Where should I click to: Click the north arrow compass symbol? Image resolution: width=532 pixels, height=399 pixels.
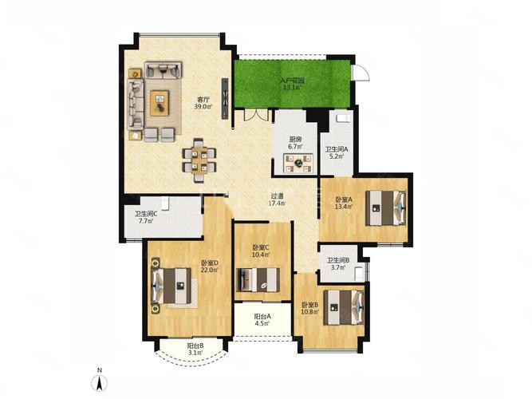coord(100,381)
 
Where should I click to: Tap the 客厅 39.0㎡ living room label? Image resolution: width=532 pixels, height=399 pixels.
coord(203,103)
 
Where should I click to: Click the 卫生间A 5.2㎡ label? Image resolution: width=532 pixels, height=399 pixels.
coord(337,152)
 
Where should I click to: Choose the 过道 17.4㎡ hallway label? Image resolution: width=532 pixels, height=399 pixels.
coord(278,199)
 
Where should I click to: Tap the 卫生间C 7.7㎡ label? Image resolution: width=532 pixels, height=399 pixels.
coord(146,217)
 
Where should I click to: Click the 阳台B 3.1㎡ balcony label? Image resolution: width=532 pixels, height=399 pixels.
coord(195,349)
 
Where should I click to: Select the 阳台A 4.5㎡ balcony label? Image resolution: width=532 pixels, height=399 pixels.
coord(262,319)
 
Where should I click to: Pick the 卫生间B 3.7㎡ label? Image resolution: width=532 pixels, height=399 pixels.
coord(338,263)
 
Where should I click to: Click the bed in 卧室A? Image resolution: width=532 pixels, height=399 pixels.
coord(385,207)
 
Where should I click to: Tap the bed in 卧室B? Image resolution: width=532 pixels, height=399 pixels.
coord(344,307)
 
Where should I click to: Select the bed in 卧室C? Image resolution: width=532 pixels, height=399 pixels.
coord(258,280)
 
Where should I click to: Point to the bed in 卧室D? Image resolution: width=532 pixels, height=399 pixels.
coord(171,286)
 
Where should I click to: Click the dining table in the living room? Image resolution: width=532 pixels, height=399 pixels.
coord(199,160)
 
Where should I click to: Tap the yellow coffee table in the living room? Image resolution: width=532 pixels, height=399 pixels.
coord(160,103)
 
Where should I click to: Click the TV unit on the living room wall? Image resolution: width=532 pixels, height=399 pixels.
coord(225,98)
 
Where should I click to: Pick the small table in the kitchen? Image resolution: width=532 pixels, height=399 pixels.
coord(298,164)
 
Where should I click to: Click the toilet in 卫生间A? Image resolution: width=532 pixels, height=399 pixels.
coord(343,118)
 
